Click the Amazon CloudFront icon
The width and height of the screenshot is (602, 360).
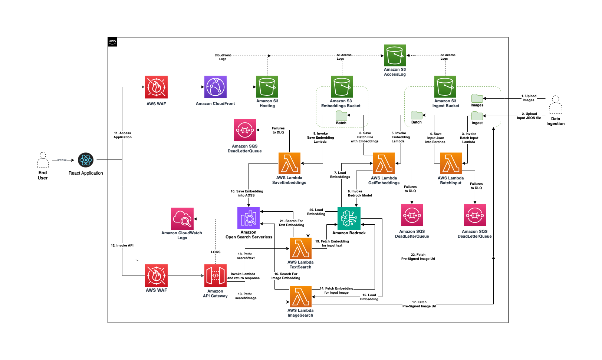click(215, 87)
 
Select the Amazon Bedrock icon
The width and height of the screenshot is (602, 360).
click(349, 218)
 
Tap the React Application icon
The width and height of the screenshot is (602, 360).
click(86, 160)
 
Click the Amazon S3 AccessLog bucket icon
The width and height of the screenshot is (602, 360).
click(395, 56)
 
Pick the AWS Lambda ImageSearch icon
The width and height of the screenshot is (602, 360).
click(300, 297)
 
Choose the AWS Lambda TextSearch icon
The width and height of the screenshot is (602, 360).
click(300, 248)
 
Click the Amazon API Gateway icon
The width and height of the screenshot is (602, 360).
click(215, 275)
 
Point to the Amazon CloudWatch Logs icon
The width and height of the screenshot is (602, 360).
click(182, 219)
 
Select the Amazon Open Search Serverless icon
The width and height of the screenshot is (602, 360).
click(249, 218)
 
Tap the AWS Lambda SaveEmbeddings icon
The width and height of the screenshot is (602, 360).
click(289, 164)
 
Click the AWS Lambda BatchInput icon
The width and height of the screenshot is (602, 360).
click(451, 164)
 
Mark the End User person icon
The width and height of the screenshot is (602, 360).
click(43, 160)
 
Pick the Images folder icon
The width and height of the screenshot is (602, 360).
click(477, 98)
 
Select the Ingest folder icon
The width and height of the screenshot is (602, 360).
click(477, 116)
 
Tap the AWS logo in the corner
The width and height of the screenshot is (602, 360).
click(112, 42)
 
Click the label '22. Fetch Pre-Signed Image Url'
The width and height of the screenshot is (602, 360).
click(418, 257)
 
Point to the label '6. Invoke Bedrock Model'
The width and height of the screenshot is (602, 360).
click(359, 193)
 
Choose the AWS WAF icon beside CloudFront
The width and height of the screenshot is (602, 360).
click(156, 87)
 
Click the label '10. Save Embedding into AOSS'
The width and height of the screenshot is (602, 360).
click(247, 193)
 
